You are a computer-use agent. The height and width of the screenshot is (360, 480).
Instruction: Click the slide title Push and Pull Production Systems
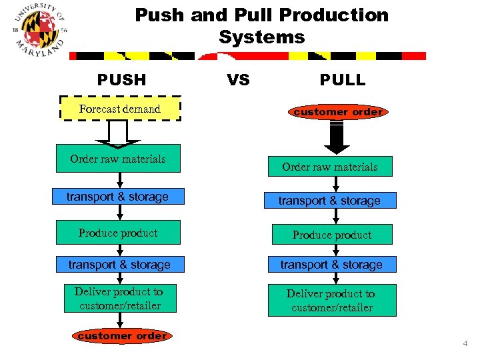click(261, 25)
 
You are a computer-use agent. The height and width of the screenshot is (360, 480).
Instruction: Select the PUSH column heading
click(121, 80)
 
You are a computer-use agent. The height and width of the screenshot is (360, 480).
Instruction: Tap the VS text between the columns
click(238, 80)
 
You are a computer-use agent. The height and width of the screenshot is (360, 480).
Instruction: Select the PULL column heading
click(343, 80)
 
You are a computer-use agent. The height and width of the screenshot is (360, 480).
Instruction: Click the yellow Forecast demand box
click(120, 109)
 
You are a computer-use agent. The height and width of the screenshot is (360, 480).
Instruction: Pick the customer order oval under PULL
click(338, 112)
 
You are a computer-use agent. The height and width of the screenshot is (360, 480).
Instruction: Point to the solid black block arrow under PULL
click(337, 139)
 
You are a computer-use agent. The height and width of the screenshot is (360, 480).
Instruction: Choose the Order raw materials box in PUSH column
click(118, 159)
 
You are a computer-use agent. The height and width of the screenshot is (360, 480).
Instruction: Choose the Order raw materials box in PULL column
click(330, 167)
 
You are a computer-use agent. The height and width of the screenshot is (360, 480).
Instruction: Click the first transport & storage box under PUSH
click(117, 197)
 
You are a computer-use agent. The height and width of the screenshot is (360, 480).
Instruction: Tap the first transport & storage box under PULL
click(329, 201)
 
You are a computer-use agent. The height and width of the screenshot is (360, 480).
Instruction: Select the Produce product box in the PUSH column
click(118, 233)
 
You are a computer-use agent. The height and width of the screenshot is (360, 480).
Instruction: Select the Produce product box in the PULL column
click(331, 235)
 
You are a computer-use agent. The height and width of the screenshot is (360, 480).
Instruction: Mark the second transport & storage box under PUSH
click(119, 265)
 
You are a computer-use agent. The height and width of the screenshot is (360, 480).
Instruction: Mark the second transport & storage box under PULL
click(331, 265)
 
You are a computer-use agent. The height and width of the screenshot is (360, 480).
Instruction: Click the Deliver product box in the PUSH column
click(119, 299)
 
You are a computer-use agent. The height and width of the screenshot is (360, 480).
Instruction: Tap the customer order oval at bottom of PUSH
click(122, 336)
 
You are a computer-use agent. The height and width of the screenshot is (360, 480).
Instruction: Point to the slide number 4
click(465, 343)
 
